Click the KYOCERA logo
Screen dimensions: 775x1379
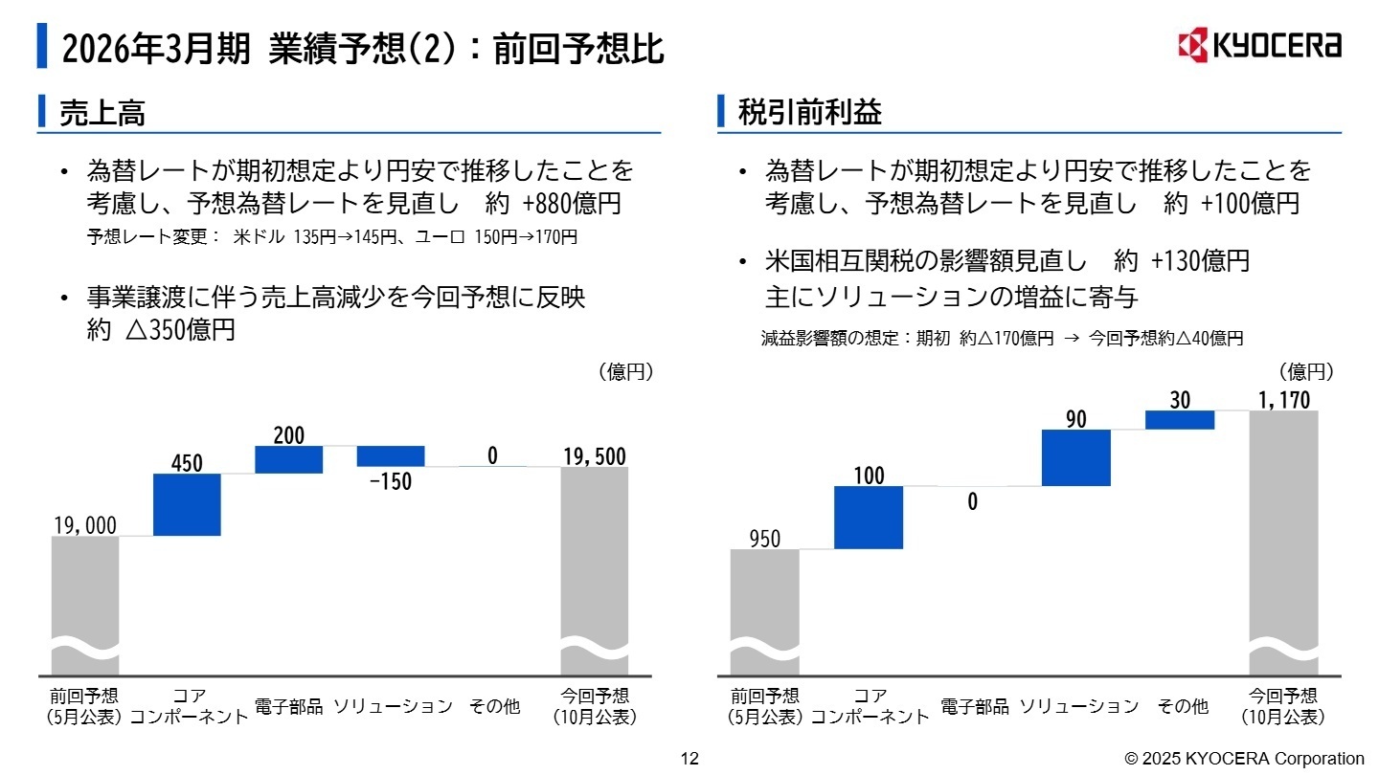click(x=1258, y=45)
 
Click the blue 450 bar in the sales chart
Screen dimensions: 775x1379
click(x=187, y=504)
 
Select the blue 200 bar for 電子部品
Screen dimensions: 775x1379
click(x=288, y=459)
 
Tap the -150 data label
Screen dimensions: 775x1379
click(x=391, y=481)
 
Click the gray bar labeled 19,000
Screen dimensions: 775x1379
click(x=85, y=603)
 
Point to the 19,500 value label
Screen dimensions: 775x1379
click(x=594, y=456)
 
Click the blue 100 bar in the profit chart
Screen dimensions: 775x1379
click(x=868, y=517)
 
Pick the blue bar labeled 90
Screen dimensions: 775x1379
click(x=1075, y=457)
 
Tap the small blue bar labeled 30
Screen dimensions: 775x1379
click(x=1180, y=420)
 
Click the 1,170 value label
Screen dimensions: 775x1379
click(x=1283, y=400)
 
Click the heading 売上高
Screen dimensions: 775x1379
click(x=102, y=114)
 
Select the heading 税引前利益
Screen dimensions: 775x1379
click(x=810, y=114)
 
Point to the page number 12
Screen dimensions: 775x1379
click(x=689, y=759)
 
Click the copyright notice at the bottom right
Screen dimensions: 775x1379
click(x=1244, y=759)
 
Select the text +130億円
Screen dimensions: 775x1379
click(x=1200, y=261)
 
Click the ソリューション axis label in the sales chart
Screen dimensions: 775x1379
click(x=393, y=707)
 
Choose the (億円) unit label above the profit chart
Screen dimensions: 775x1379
click(x=1306, y=371)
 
